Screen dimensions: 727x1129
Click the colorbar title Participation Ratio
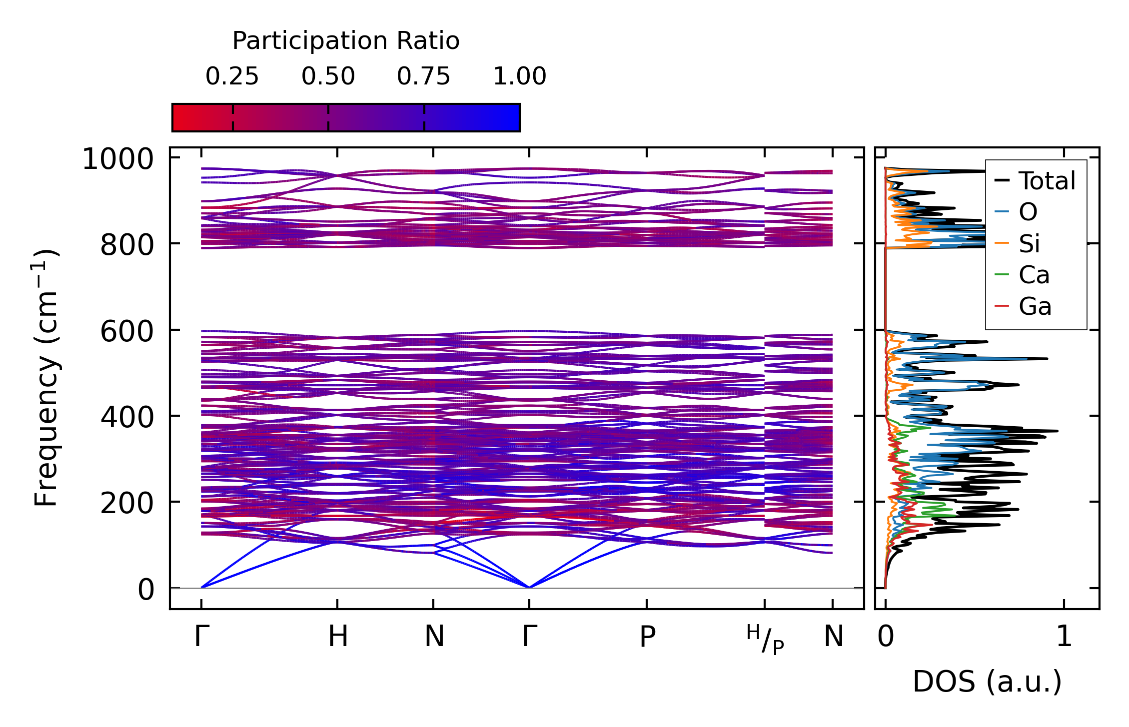(346, 41)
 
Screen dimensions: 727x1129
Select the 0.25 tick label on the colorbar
(232, 76)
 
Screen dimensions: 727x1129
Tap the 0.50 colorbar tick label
(328, 76)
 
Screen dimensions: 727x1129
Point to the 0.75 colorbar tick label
(424, 76)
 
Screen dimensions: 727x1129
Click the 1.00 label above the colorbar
(520, 76)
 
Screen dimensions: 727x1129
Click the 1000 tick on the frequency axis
(118, 160)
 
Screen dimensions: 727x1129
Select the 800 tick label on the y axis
(127, 245)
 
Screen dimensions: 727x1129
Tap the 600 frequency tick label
(127, 332)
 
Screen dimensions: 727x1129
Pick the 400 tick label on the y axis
(127, 418)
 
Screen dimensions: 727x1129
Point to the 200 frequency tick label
(127, 504)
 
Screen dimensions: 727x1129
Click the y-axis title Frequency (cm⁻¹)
(46, 378)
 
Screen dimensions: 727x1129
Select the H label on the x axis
(338, 637)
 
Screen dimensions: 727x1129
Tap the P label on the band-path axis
(647, 637)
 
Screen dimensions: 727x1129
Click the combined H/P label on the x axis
(765, 640)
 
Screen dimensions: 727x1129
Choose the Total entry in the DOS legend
(1047, 181)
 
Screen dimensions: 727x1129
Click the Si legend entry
(1029, 244)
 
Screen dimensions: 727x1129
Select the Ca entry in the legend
(1034, 275)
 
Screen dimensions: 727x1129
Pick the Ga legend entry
(1035, 306)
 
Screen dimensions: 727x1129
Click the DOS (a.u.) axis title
(987, 682)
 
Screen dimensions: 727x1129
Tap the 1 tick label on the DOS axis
(1064, 637)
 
